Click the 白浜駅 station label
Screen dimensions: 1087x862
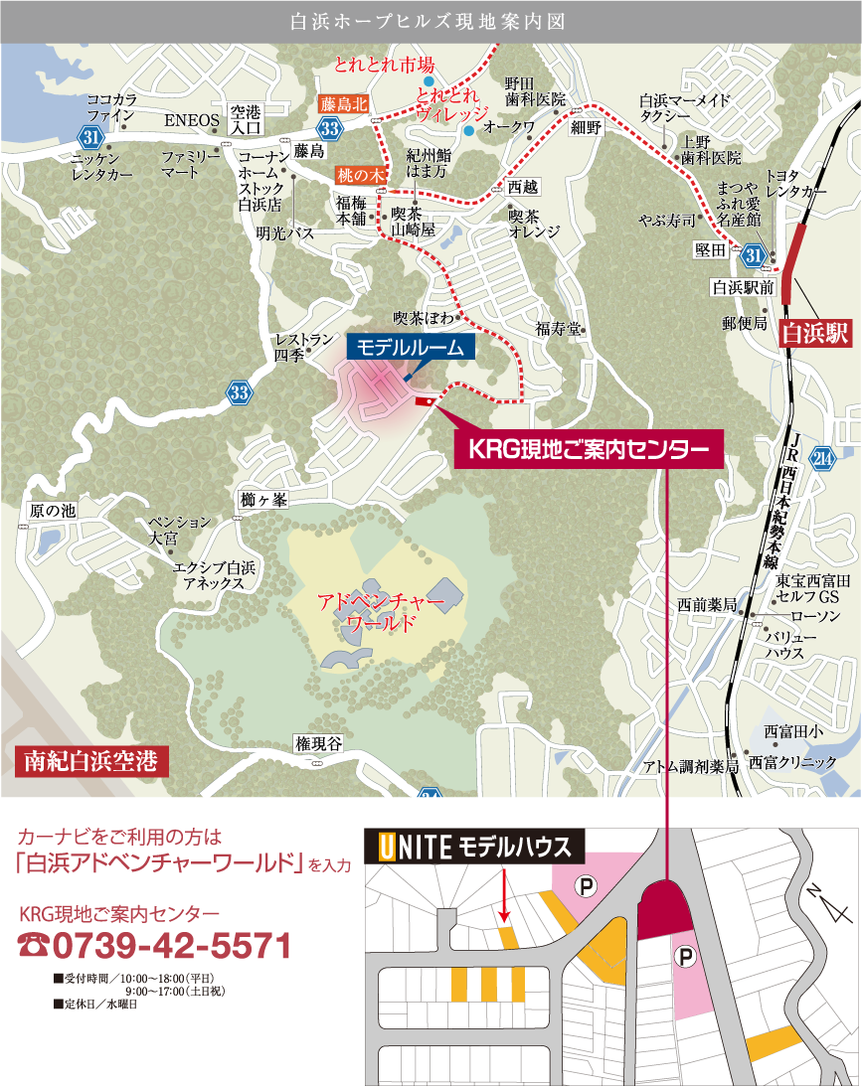tap(815, 333)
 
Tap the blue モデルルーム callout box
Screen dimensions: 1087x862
tap(411, 347)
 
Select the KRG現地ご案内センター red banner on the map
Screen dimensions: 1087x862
tap(589, 450)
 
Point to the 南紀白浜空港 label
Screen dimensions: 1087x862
tap(91, 762)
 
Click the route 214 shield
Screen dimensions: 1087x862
tap(821, 458)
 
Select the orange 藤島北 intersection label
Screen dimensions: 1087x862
tap(343, 103)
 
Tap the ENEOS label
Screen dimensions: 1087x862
tap(191, 120)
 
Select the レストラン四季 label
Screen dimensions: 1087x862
tap(303, 347)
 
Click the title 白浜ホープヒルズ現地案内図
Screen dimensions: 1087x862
tap(431, 21)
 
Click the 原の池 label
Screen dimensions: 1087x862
tap(53, 511)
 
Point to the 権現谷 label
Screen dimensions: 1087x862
tap(318, 744)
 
